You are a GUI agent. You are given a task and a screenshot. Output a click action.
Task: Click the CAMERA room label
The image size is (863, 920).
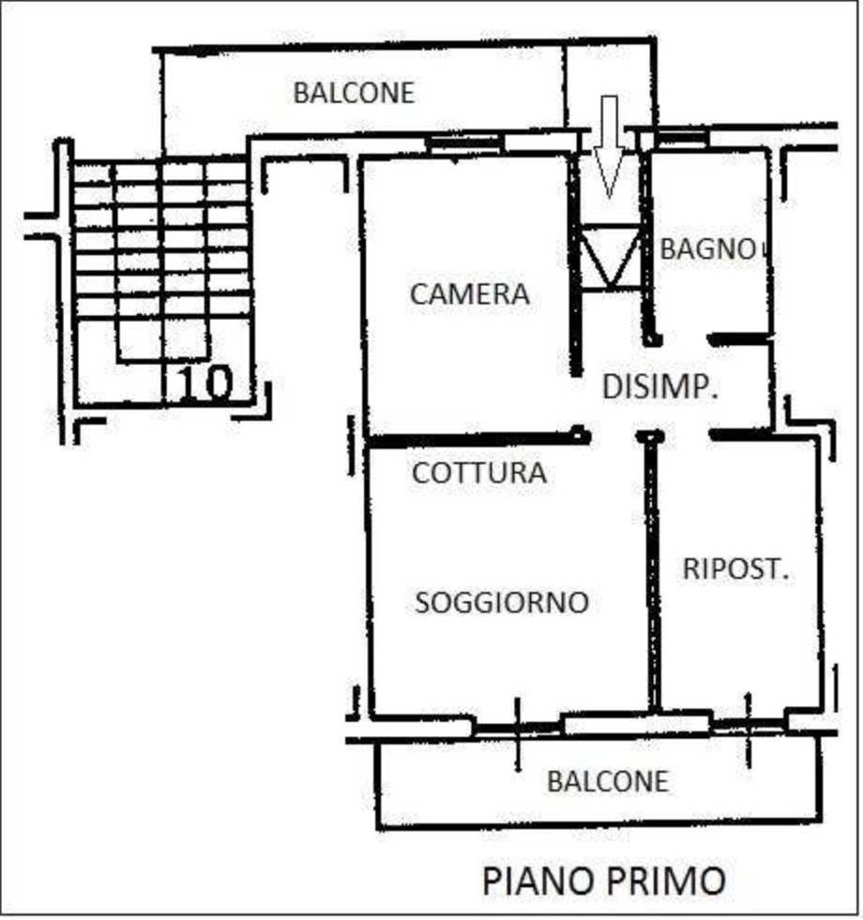pyautogui.click(x=469, y=294)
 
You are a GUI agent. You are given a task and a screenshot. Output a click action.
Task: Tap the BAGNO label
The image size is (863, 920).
pyautogui.click(x=708, y=249)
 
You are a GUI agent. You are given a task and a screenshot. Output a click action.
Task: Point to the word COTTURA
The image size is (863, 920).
pyautogui.click(x=478, y=473)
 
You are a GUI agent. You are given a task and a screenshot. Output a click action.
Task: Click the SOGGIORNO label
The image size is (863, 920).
pyautogui.click(x=502, y=602)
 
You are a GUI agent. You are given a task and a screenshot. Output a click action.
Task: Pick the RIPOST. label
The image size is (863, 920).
pyautogui.click(x=734, y=569)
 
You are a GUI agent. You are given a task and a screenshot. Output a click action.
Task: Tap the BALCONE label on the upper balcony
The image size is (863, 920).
pyautogui.click(x=353, y=94)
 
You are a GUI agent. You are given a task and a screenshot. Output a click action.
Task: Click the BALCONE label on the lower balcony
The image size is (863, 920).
pyautogui.click(x=608, y=781)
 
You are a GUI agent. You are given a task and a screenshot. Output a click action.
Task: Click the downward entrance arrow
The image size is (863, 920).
pyautogui.click(x=610, y=145)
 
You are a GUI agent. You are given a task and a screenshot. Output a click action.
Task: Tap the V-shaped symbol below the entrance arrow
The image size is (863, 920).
pyautogui.click(x=610, y=258)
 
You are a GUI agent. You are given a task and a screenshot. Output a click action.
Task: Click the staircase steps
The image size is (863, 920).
pyautogui.click(x=159, y=244)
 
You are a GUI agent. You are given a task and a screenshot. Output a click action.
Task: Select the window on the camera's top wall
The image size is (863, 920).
pyautogui.click(x=464, y=143)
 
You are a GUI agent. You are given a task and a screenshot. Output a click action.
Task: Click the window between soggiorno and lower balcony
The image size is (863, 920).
pyautogui.click(x=635, y=724)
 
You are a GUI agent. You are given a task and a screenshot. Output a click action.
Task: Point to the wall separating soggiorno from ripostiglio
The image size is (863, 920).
pyautogui.click(x=652, y=572)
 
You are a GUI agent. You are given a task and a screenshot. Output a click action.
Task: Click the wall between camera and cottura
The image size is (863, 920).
pyautogui.click(x=469, y=438)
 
